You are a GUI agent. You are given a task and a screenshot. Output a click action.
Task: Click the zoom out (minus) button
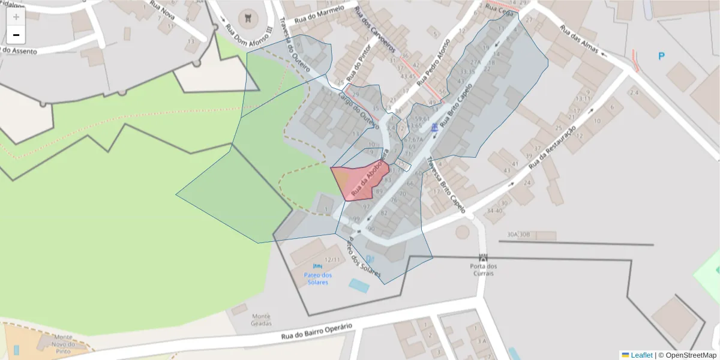[16, 35]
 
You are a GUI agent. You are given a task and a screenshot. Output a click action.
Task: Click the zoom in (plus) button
[16, 16]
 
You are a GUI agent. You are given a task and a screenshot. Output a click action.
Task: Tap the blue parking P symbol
[661, 56]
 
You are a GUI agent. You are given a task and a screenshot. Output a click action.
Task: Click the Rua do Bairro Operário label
[317, 332]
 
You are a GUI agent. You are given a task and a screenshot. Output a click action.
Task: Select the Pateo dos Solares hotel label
[317, 278]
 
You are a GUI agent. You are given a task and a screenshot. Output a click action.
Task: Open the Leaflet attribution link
[641, 355]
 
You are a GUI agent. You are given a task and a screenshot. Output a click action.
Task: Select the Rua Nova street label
[163, 11]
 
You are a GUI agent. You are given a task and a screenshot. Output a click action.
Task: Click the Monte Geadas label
[262, 320]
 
